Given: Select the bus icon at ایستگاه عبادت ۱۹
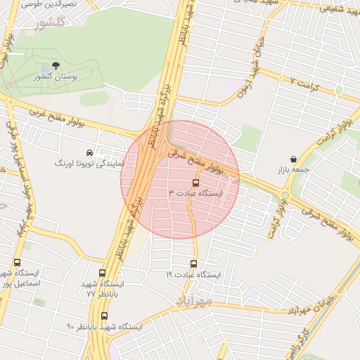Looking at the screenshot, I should coord(193,264).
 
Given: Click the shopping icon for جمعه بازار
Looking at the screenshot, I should coord(292,159).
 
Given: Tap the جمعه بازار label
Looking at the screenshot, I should coord(293,170).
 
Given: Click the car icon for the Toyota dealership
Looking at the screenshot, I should coord(89,152).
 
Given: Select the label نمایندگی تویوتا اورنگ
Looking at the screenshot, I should coord(89,163).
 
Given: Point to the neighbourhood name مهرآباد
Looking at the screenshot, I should coord(191,300).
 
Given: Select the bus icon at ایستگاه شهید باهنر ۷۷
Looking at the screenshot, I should coord(103,273).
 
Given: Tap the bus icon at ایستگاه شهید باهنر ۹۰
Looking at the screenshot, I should coord(105,316).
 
